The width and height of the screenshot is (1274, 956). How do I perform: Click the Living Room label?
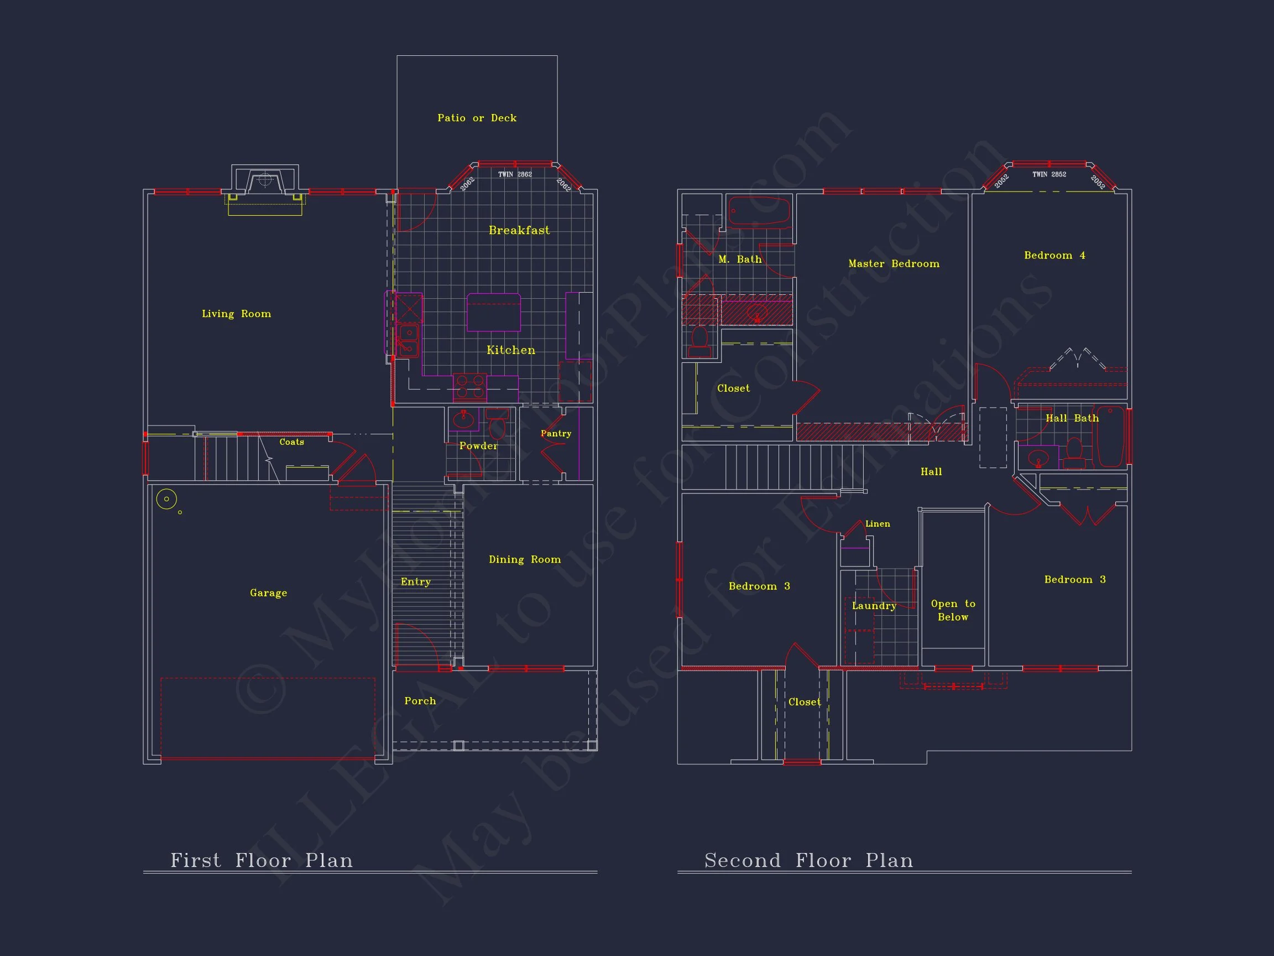pyautogui.click(x=236, y=314)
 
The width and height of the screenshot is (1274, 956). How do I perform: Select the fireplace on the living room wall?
pyautogui.click(x=265, y=183)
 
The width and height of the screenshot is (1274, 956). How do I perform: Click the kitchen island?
pyautogui.click(x=494, y=313)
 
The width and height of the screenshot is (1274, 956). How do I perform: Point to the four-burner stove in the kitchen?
pyautogui.click(x=470, y=387)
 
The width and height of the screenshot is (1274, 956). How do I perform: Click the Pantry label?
pyautogui.click(x=556, y=433)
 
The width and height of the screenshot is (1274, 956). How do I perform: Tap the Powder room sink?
pyautogui.click(x=463, y=419)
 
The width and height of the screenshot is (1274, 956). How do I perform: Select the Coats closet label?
pyautogui.click(x=291, y=442)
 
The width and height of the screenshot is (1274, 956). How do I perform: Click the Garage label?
pyautogui.click(x=268, y=593)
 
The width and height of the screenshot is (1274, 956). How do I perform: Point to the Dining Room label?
pyautogui.click(x=525, y=559)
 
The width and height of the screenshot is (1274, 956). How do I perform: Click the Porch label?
pyautogui.click(x=420, y=701)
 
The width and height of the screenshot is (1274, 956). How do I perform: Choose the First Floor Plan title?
pyautogui.click(x=262, y=860)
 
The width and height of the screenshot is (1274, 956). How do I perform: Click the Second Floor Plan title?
pyautogui.click(x=808, y=860)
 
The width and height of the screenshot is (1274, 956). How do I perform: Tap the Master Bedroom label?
pyautogui.click(x=894, y=264)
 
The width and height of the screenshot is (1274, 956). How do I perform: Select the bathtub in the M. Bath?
pyautogui.click(x=759, y=210)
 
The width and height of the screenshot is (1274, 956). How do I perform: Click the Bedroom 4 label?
pyautogui.click(x=1054, y=255)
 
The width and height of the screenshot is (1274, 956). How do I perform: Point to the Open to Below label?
pyautogui.click(x=953, y=610)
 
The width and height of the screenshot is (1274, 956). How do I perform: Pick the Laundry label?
pyautogui.click(x=874, y=606)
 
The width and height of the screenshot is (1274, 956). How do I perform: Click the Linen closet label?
pyautogui.click(x=878, y=524)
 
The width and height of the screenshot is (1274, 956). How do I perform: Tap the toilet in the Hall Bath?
pyautogui.click(x=1074, y=453)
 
